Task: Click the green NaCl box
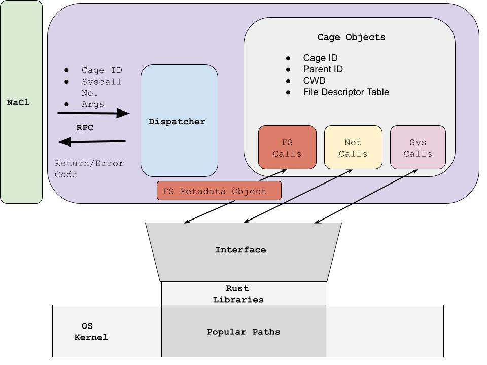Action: point(21,102)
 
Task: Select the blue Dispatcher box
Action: point(179,121)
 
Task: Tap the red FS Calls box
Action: point(287,148)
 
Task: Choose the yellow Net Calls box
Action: point(353,148)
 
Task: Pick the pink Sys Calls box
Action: point(418,148)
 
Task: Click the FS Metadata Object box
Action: point(219,191)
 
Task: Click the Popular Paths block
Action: point(243,332)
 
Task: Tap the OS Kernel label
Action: point(91,332)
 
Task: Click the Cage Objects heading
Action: point(351,37)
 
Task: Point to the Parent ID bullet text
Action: point(323,69)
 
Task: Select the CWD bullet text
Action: point(314,81)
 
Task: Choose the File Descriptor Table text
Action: point(346,92)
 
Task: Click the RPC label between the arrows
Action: point(85,128)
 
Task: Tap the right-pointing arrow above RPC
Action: point(93,114)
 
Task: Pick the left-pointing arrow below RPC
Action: point(92,142)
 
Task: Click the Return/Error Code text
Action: point(89,169)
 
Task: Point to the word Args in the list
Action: point(93,104)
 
